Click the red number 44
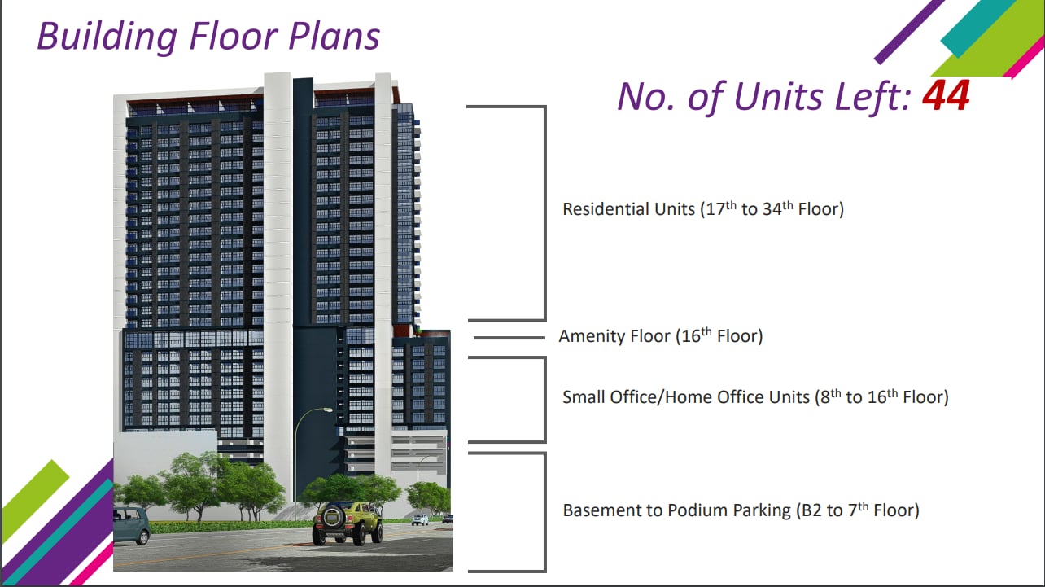(946, 95)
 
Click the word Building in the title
(107, 37)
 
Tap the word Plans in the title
(334, 37)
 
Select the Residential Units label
(703, 208)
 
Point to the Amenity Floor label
(661, 335)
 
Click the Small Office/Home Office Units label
(755, 396)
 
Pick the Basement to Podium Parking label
(741, 510)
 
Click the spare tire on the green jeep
(333, 517)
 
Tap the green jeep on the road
(347, 523)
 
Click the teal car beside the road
(131, 526)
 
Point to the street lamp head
(326, 410)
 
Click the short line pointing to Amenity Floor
(509, 338)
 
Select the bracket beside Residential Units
(545, 213)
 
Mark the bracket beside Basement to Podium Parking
(545, 512)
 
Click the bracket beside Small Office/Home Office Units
(545, 400)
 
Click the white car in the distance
(420, 519)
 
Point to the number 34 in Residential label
(772, 209)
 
